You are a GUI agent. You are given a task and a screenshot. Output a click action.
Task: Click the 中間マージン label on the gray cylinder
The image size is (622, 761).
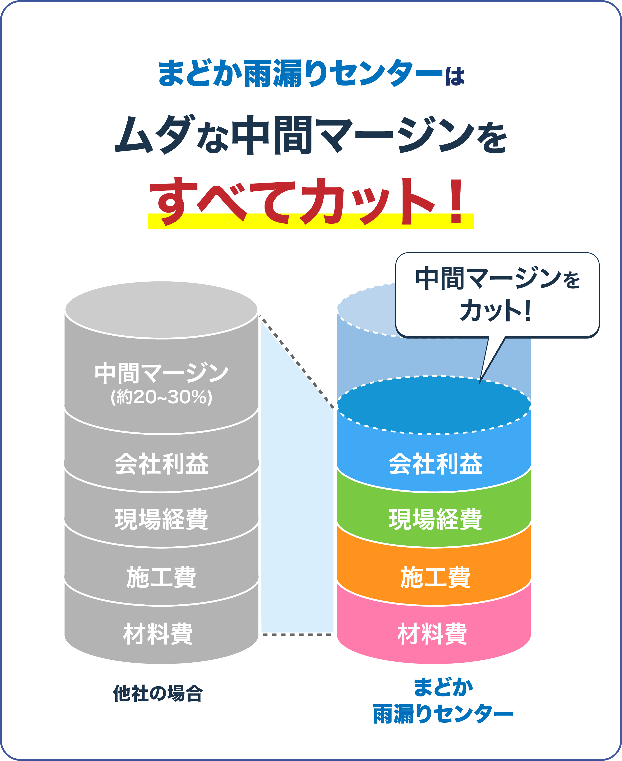click(x=161, y=373)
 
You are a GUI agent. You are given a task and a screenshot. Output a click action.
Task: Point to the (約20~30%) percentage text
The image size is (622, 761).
click(x=161, y=397)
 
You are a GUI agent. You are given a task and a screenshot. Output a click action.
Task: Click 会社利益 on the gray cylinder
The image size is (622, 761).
click(x=161, y=464)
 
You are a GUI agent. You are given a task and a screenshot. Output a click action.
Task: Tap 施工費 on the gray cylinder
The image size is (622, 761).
click(x=161, y=577)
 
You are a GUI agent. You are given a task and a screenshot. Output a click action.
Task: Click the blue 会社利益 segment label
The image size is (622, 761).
click(x=435, y=464)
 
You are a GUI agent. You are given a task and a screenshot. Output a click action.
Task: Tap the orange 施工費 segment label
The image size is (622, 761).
click(x=435, y=577)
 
